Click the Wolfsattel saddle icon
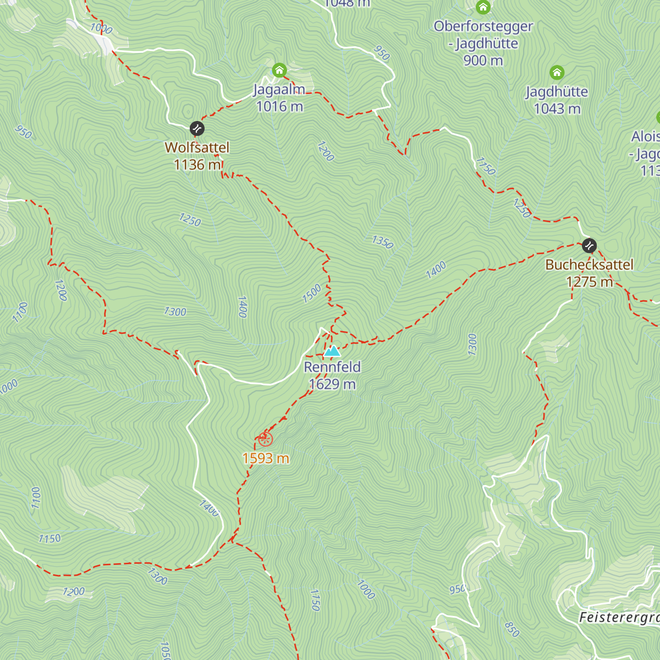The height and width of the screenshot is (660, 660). [x=197, y=129]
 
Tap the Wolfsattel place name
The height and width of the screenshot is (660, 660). [x=197, y=147]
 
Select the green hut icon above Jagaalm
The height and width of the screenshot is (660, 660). [x=279, y=70]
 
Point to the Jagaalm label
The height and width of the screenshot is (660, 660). [x=279, y=90]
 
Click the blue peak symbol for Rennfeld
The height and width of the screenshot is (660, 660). [x=332, y=351]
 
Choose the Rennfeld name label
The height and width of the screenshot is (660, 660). [x=332, y=367]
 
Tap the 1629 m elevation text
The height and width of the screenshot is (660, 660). [x=332, y=384]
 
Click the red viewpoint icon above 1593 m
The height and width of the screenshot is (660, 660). [x=266, y=439]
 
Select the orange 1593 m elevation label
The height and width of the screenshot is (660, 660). [x=266, y=458]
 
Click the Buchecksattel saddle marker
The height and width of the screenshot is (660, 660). [x=589, y=245]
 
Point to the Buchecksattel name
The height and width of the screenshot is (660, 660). [x=589, y=265]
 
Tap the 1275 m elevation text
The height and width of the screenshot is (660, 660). [x=589, y=282]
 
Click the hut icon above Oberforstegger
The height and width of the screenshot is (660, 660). [x=483, y=7]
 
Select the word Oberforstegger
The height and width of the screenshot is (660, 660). [x=483, y=26]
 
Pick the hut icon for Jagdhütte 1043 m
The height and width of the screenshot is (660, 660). [x=557, y=73]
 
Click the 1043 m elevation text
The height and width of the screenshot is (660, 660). [x=557, y=109]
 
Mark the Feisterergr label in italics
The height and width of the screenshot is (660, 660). [x=619, y=618]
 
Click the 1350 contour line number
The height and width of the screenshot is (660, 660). [x=382, y=242]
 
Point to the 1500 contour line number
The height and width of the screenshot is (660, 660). [x=311, y=294]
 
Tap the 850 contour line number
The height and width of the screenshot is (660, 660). [x=512, y=629]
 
